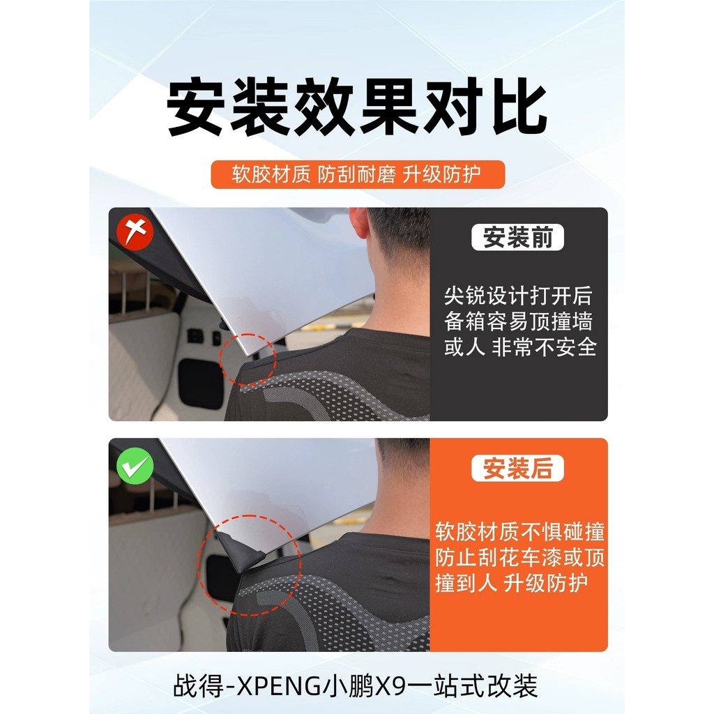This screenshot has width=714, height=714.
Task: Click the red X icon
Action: [x=135, y=233]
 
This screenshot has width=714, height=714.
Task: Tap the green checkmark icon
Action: [x=135, y=465]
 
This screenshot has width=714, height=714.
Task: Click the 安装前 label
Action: [x=517, y=237]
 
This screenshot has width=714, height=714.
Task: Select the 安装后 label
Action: [x=517, y=468]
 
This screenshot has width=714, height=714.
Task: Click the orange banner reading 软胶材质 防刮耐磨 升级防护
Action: [x=358, y=174]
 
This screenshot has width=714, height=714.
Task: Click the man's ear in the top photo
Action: [x=358, y=223]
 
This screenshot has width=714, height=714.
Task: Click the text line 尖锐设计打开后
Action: [x=518, y=296]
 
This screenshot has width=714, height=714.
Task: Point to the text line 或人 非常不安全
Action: [x=520, y=347]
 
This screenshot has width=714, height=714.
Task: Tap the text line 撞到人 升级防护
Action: [x=511, y=582]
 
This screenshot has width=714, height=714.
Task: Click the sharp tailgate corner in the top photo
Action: [x=248, y=354]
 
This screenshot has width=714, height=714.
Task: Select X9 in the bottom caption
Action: [x=389, y=686]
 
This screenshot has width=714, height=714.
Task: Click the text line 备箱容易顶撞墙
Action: [x=518, y=321]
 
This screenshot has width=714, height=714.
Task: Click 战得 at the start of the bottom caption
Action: [x=194, y=686]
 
